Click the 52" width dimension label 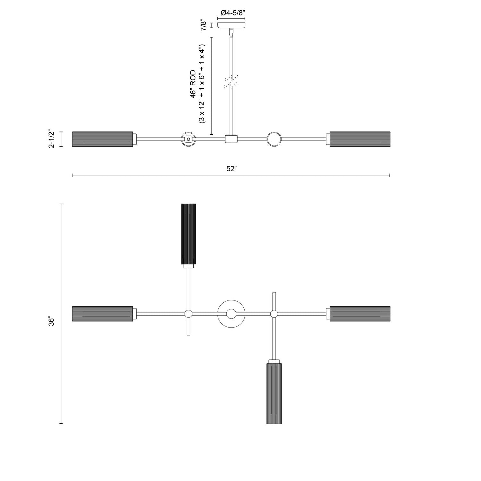tap(231, 169)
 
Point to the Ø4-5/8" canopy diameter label tap(233, 13)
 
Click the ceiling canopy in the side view tap(231, 25)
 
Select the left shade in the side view tap(103, 139)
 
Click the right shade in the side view tap(360, 139)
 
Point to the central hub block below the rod tap(231, 139)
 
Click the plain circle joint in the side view tap(274, 139)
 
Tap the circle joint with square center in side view tap(188, 139)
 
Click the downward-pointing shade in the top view tap(274, 393)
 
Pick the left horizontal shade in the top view tap(103, 314)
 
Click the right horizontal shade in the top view tap(360, 314)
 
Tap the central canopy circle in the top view tap(231, 314)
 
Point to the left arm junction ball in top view tap(188, 314)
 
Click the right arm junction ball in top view tap(274, 314)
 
